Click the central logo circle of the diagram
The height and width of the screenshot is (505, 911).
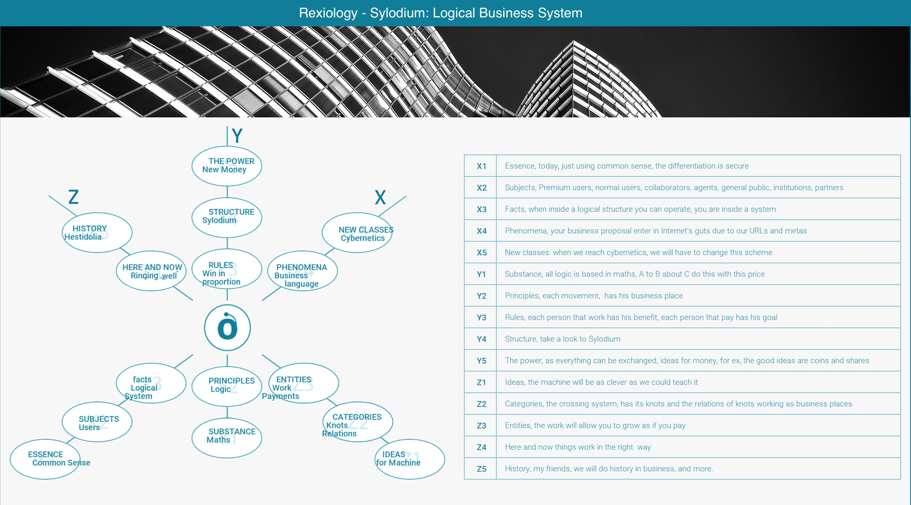227,327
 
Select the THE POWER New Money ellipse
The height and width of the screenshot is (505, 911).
227,166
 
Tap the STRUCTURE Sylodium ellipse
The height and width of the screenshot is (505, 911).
227,217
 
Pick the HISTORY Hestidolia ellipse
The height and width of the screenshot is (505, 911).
97,233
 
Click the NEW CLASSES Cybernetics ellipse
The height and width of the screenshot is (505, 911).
357,233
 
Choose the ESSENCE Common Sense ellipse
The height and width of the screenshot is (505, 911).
45,459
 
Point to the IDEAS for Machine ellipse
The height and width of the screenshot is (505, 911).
409,459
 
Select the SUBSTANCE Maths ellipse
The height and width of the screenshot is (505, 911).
227,438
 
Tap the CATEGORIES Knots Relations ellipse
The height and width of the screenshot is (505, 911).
357,422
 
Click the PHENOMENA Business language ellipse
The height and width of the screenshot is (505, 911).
303,271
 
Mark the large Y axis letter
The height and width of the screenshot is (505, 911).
237,135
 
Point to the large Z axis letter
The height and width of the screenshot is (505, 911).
74,197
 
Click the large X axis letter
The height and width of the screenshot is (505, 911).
380,198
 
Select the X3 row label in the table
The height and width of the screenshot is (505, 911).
481,210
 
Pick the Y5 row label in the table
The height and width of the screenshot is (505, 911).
481,361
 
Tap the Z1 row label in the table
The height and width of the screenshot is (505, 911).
481,382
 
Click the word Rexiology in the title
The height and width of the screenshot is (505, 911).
328,13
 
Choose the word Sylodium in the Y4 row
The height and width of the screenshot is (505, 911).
604,339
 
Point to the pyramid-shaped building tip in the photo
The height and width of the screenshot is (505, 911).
573,41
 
